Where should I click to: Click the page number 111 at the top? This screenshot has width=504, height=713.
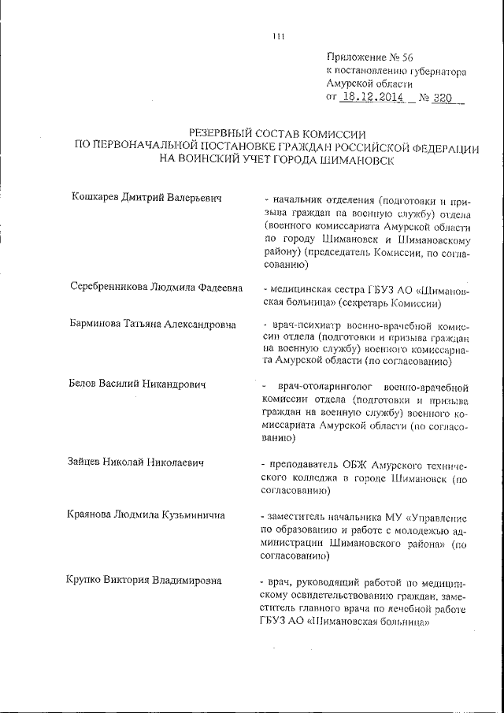(x=277, y=34)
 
